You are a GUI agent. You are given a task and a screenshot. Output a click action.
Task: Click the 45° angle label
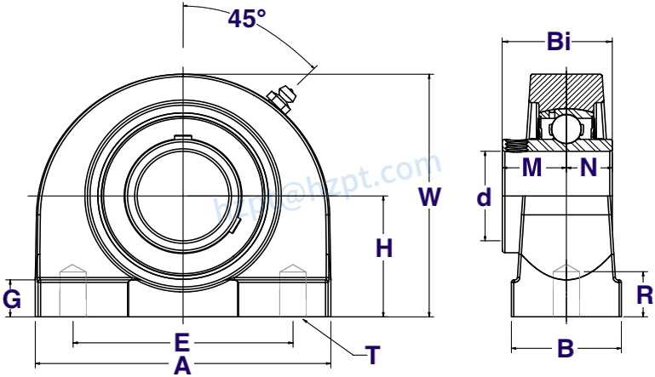[247, 19]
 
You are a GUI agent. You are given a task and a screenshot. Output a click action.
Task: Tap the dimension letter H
[385, 248]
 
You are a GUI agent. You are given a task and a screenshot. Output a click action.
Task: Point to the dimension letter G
[12, 299]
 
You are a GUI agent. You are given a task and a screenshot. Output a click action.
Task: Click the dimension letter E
[181, 343]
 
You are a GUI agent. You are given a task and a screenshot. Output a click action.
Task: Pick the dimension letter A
[181, 366]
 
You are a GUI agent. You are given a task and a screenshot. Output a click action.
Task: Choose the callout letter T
[372, 355]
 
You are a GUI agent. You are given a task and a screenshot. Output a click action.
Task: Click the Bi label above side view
[558, 42]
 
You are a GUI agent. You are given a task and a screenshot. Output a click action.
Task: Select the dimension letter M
[531, 168]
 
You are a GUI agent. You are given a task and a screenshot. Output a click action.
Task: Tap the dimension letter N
[589, 168]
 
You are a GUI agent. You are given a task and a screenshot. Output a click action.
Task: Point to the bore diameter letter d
[484, 197]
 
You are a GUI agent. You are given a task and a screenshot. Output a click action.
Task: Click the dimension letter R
[645, 295]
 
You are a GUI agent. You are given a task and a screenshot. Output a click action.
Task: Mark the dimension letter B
[564, 348]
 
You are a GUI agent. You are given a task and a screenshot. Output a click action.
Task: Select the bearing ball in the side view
[563, 128]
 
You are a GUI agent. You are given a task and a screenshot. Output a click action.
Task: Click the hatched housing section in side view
[566, 88]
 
